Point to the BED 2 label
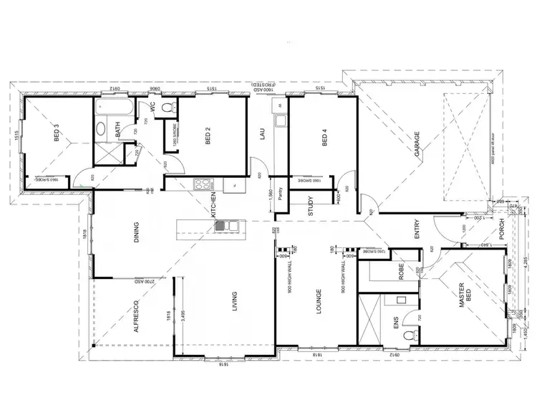208,137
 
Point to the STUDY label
311,205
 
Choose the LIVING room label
233,304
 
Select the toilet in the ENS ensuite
409,336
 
